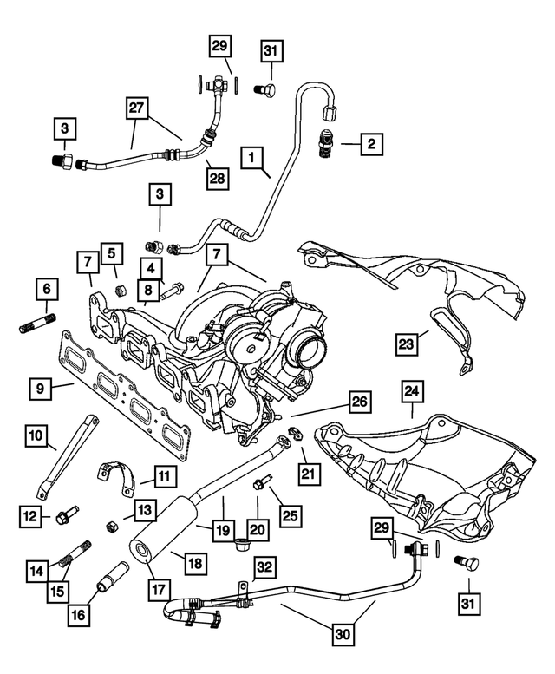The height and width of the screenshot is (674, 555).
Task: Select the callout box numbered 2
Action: (x=369, y=143)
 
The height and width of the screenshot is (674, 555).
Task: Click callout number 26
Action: (x=359, y=402)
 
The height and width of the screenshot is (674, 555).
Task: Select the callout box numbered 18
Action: (x=196, y=563)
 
